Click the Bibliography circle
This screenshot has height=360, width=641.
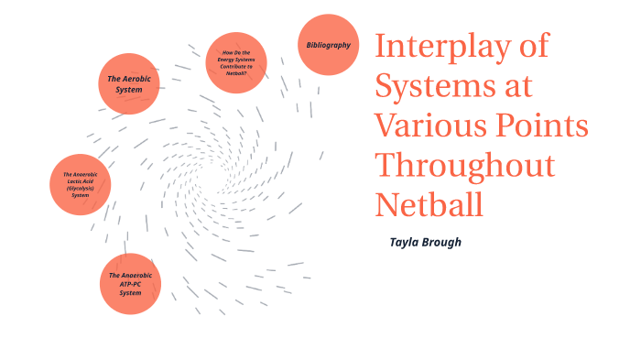328,45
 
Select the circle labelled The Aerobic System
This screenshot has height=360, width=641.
129,84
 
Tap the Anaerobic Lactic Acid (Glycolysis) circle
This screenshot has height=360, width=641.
81,184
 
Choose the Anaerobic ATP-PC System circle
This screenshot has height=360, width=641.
130,284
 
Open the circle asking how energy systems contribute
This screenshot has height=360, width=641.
235,62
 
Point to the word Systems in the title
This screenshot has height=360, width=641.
434,87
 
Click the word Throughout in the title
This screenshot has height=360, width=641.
465,166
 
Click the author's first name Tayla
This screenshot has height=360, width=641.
406,243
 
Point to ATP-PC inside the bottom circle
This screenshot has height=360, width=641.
130,284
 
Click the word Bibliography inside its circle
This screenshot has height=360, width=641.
328,45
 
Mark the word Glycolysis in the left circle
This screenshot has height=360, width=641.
81,188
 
